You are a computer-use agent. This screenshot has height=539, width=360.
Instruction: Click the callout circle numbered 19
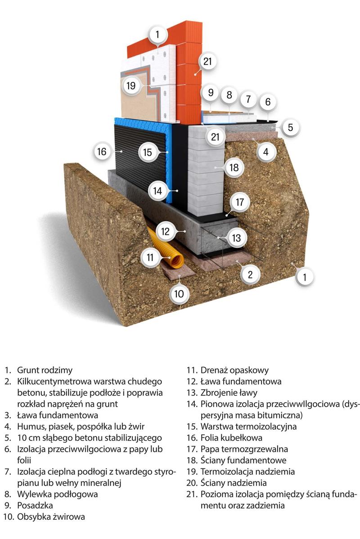click(130, 85)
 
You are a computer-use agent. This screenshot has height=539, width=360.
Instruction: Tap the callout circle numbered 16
click(102, 152)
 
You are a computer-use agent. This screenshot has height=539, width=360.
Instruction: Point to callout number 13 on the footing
click(237, 237)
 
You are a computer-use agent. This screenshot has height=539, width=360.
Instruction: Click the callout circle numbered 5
click(290, 127)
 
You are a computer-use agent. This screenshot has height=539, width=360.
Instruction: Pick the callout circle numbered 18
click(234, 168)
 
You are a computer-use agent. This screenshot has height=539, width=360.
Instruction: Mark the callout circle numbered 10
click(179, 294)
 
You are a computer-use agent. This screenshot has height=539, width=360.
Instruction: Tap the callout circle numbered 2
click(251, 274)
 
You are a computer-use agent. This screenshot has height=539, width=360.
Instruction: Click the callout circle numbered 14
click(157, 191)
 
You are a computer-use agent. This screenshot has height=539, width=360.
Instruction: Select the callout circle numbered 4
click(266, 152)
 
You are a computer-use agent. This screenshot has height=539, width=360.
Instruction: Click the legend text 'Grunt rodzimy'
click(45, 370)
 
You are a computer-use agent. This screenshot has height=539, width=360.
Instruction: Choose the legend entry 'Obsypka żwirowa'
click(51, 517)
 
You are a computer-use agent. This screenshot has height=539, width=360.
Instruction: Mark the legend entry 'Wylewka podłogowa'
click(57, 494)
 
